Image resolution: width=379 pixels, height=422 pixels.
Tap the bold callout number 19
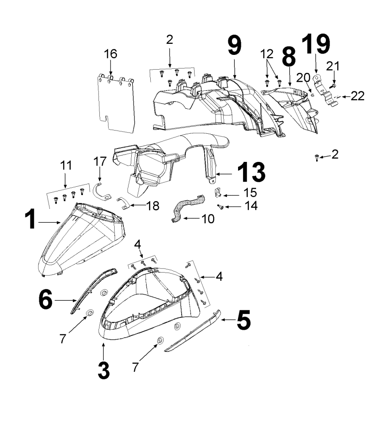(316, 44)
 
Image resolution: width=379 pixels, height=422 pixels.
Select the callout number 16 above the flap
(110, 54)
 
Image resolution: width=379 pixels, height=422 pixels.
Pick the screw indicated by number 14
(221, 208)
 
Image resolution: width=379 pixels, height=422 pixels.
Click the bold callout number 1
(31, 220)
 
